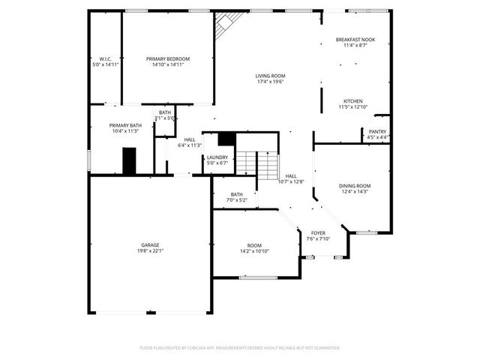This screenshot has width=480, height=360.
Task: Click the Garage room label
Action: coord(150,245)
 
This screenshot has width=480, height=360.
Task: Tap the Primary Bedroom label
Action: coord(168,59)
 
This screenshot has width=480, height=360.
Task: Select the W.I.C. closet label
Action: coord(105,59)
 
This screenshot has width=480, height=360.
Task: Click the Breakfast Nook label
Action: coord(355,40)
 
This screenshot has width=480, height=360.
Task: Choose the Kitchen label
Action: coord(353,101)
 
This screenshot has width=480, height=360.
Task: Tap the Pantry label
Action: coord(377,131)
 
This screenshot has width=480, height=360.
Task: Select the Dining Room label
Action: coord(355,186)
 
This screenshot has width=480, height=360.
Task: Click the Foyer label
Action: coord(318,233)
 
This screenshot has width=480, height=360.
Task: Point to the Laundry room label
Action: coord(217,157)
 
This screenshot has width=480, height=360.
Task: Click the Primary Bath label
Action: coord(121,125)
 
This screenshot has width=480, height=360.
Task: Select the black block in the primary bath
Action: coord(130,160)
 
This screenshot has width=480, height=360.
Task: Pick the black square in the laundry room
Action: coord(227,139)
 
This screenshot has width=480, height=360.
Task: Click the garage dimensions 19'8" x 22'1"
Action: coord(150,250)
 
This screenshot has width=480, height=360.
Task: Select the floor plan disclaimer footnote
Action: coord(240,348)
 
